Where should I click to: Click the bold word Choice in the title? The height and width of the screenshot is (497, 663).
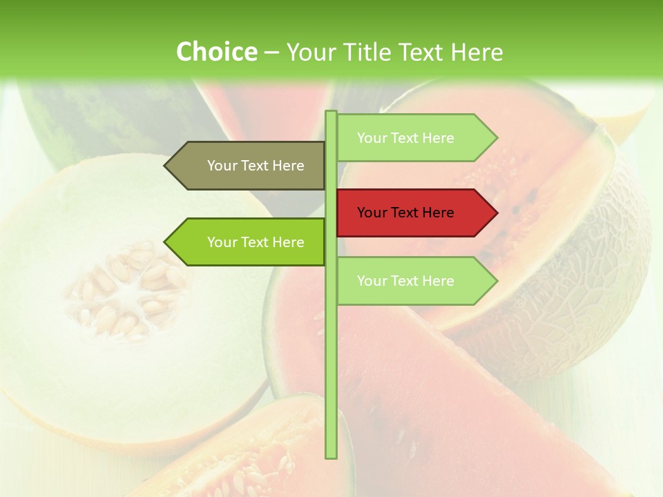(216, 52)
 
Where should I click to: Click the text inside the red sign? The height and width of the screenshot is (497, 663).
(405, 213)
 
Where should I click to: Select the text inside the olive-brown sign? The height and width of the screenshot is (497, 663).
(256, 166)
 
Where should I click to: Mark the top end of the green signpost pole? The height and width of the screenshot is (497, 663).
(331, 113)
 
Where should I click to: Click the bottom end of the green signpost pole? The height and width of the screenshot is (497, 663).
(331, 456)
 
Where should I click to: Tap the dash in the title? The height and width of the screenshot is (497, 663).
(271, 52)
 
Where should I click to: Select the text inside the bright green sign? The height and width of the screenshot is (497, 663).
(256, 242)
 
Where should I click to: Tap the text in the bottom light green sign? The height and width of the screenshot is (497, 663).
(405, 281)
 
